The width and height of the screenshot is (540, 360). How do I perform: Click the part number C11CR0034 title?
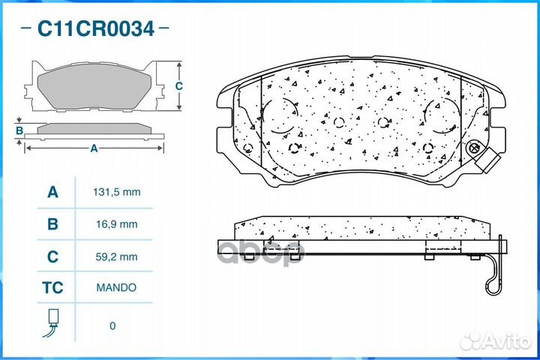pos(96,29)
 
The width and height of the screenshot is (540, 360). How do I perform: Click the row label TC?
pos(52,287)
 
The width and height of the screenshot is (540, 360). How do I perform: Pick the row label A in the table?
pos(52,192)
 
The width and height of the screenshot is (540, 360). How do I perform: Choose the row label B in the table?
pos(52,223)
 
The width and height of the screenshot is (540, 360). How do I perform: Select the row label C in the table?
pos(52,256)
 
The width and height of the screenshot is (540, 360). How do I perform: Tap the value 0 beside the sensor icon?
pos(112,325)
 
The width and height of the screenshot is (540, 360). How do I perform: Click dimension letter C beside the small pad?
pos(178,85)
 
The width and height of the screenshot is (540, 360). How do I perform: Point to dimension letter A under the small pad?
pos(94,148)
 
